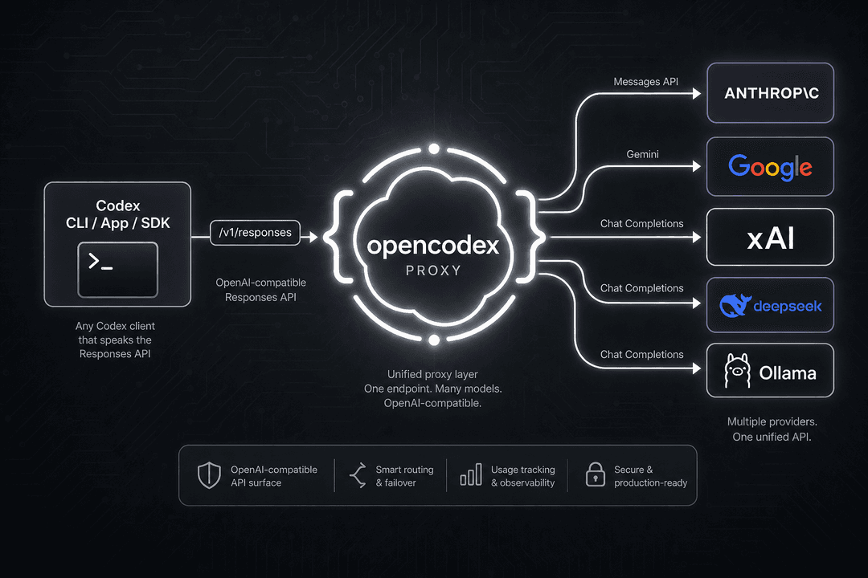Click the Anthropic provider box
pos(770,93)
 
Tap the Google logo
pos(770,167)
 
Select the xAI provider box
pos(770,238)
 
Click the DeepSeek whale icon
pos(735,305)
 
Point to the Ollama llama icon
pos(737,371)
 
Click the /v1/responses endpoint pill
pos(256,233)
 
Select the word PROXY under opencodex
pos(433,271)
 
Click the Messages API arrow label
pos(645,82)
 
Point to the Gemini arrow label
pos(642,154)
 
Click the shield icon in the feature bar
pos(209,475)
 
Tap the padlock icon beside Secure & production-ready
pos(595,474)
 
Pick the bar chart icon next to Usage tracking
pos(471,474)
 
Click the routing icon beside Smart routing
pos(358,475)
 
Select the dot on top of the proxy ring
pos(434,149)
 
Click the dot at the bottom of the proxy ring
pos(435,340)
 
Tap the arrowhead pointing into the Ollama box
pos(697,368)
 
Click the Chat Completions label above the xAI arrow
pos(641,223)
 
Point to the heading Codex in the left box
pos(118,206)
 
